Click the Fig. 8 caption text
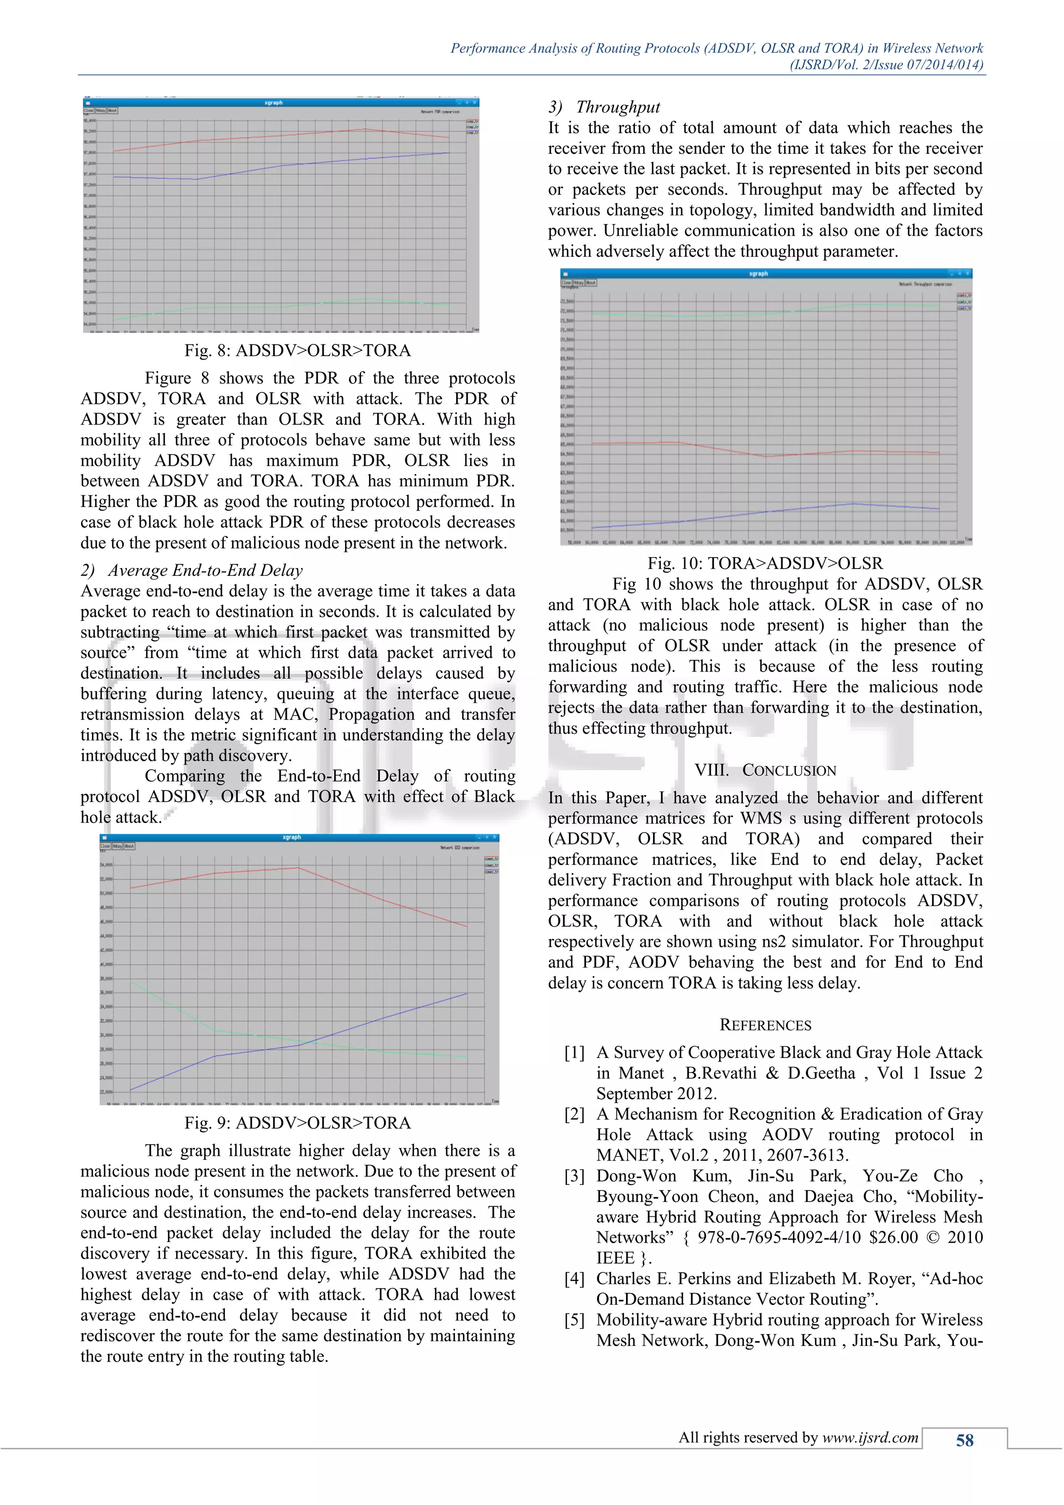pos(298,351)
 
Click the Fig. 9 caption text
pos(298,1123)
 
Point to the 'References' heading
pos(765,1024)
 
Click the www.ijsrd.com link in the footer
pos(870,1437)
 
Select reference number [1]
pos(575,1053)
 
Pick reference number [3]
pos(575,1176)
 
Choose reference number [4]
pos(575,1279)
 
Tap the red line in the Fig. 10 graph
pos(721,449)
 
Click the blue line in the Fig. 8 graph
pos(328,161)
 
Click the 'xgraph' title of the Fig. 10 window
pos(758,273)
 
